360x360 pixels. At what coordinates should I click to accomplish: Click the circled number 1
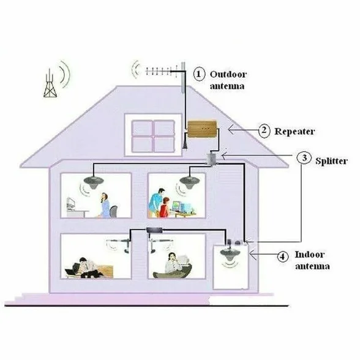coord(199,74)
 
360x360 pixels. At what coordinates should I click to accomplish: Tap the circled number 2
coord(264,131)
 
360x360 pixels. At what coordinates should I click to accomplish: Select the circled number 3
coord(304,158)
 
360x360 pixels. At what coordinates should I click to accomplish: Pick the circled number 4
coord(283,256)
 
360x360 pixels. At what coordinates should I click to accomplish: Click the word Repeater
coord(294,132)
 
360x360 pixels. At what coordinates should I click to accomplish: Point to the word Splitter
coord(331,160)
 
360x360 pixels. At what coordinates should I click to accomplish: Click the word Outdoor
coord(228,74)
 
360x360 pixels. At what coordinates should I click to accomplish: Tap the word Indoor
coord(310,255)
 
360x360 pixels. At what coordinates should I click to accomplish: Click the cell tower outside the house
coord(50,83)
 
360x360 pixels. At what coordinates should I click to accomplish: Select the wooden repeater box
coord(202,129)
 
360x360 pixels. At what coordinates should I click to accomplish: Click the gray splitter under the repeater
coord(211,159)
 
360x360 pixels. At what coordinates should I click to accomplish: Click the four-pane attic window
coord(153,136)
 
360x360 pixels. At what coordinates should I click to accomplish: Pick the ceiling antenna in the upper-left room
coord(93,181)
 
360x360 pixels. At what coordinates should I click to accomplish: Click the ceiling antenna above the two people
coord(189,181)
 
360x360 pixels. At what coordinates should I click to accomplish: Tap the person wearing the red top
coord(164,208)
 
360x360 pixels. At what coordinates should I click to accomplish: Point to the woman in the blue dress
coord(105,205)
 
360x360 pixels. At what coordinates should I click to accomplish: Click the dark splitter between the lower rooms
coord(154,230)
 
